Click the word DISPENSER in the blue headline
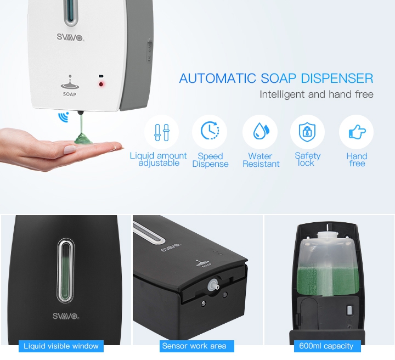tap(337, 78)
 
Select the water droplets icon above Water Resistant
tap(261, 131)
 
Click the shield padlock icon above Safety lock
tap(307, 132)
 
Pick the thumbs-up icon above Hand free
tap(357, 132)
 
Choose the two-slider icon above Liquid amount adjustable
tap(162, 132)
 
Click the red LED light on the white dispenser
tap(101, 84)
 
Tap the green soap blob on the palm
tap(84, 138)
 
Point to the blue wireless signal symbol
tap(64, 117)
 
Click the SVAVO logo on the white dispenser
tap(70, 37)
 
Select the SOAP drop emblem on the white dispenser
tap(70, 86)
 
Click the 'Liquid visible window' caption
tap(61, 346)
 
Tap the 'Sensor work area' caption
tap(194, 346)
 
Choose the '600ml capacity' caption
tap(326, 346)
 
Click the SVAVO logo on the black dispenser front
tap(66, 316)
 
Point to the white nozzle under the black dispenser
tap(213, 286)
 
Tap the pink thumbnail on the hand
tap(70, 150)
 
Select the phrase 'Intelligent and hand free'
tap(317, 94)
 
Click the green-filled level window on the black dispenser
tap(66, 271)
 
